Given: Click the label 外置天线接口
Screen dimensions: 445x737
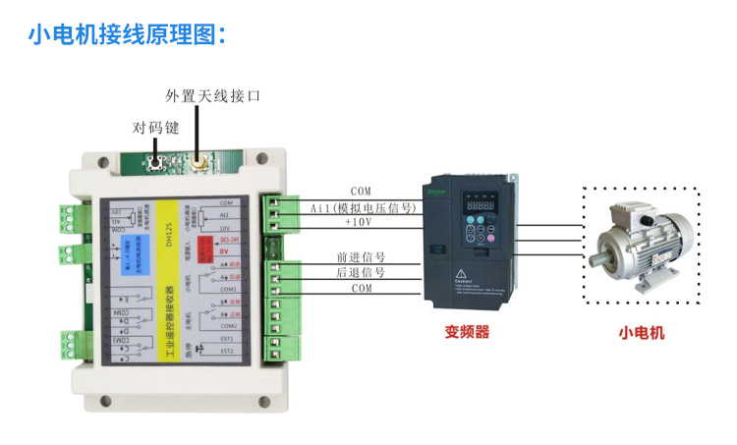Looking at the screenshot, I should [213, 96].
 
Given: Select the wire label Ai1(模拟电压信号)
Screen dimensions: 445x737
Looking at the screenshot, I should [365, 208].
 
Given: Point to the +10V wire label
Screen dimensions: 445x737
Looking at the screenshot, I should [360, 223].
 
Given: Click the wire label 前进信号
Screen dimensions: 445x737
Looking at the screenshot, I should [361, 256].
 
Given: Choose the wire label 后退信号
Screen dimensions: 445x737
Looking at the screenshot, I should [361, 272].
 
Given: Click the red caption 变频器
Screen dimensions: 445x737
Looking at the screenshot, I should [467, 332].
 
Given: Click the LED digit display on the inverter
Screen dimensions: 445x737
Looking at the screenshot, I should [481, 208].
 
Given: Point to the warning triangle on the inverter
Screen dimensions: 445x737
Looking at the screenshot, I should [460, 269].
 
